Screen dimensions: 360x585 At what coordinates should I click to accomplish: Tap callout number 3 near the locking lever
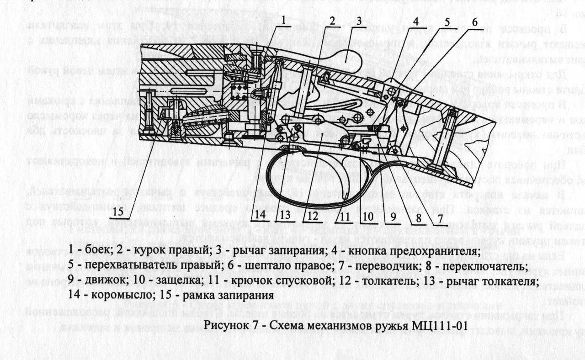(359, 21)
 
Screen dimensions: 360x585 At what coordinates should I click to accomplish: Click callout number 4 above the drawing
(416, 21)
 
